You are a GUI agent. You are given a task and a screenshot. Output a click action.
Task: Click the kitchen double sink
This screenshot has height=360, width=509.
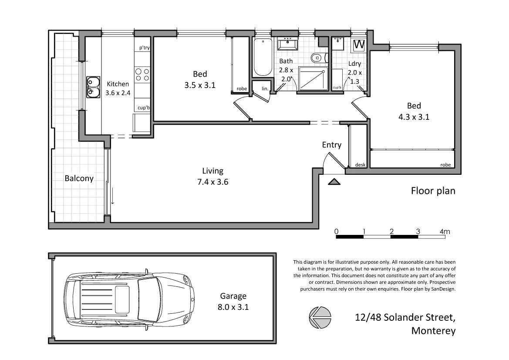pos(93,86)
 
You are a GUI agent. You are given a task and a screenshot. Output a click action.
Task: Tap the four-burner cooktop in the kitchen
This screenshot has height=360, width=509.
pos(142,75)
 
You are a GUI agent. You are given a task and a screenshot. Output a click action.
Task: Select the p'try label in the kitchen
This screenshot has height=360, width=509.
pos(144,48)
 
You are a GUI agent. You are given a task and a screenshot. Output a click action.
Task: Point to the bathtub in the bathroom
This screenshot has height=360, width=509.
pos(262,57)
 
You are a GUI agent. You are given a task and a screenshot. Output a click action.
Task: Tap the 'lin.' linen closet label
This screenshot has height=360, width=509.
pos(265,88)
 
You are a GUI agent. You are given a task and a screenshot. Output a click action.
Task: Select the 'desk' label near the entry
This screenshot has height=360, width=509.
pos(360,165)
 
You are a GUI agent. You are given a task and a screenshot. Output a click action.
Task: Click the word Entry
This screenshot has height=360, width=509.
pos(331,145)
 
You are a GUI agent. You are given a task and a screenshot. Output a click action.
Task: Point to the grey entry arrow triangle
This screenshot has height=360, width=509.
pos(334,182)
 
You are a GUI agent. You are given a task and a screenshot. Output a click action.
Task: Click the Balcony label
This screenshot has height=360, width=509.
pos(79,178)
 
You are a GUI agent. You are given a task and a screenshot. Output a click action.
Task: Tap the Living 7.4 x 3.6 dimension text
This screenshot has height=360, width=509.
pos(212,182)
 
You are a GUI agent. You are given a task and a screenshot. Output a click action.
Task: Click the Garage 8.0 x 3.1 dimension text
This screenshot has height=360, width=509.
pos(233,307)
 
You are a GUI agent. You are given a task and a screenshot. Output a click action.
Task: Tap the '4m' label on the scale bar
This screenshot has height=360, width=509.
pos(444,231)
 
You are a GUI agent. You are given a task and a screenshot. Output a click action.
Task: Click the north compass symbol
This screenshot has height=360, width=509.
pos(320,317)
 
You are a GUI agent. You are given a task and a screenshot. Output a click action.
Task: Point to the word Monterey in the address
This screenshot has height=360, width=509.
pos(433,331)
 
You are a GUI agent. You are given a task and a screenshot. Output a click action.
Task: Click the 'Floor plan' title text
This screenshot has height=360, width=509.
pos(433,191)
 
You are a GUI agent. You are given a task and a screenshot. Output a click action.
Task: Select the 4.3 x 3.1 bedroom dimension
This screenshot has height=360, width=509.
pos(414,117)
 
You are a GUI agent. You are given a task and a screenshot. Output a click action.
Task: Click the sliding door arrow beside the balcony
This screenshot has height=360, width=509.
pos(112,196)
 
